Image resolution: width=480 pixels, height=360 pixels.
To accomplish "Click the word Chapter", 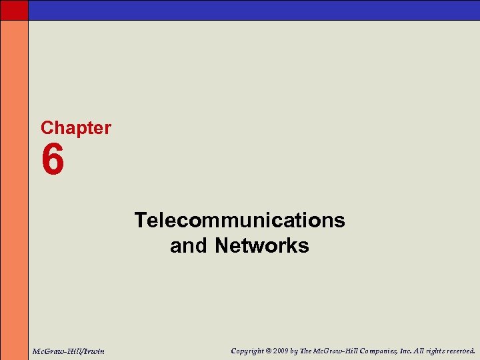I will [76, 128].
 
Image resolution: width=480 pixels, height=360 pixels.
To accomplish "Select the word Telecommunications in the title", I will [240, 220].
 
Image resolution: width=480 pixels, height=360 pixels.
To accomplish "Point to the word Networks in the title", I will [262, 246].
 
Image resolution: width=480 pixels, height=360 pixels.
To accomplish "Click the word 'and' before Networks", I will [189, 246].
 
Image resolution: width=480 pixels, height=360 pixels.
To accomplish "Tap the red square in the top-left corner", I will [14, 9].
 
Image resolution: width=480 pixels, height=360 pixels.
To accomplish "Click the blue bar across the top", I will [253, 9].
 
